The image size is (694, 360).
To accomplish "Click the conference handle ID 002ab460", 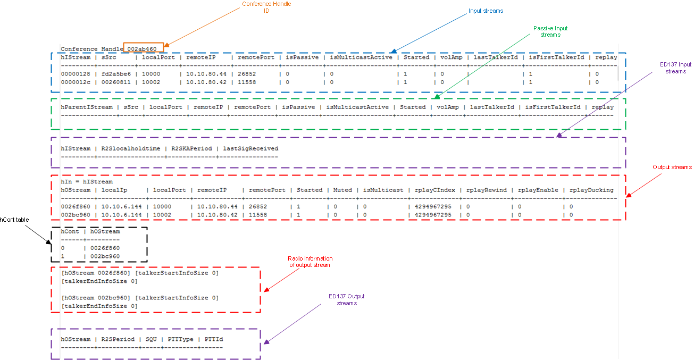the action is pos(142,49).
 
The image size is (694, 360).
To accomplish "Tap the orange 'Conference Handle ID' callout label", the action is pos(266,7).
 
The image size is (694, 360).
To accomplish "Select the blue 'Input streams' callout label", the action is pos(486,11).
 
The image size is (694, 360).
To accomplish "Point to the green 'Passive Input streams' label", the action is pos(550,31).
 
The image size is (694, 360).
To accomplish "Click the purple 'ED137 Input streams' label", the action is pos(675,68).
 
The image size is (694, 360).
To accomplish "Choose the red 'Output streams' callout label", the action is pos(672,167).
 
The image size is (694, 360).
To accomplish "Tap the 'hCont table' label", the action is pos(14,220).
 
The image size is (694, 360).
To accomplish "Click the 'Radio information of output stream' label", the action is pos(310,262).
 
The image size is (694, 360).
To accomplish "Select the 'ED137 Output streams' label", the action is pos(346,299).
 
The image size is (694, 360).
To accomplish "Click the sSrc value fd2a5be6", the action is pos(116,74).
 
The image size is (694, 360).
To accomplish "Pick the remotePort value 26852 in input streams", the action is pos(247,74).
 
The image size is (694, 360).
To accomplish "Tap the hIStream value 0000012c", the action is pos(76,82).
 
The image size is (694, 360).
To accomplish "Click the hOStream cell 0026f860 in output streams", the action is pos(76,207).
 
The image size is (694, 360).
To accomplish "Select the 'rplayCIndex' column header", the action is pos(435,190).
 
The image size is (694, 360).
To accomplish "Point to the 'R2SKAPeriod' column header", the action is pos(192,149).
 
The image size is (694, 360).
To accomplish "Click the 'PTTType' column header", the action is pos(181,339).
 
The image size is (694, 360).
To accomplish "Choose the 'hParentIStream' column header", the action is pos(87,107).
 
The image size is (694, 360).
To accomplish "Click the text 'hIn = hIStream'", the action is pos(87,182).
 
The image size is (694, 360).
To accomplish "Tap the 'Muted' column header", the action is pos(342,190).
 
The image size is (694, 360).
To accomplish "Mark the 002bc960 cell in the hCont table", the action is pos(105,256).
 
